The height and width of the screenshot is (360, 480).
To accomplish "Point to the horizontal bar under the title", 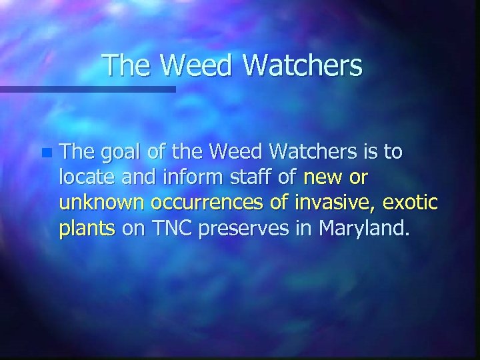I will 87,89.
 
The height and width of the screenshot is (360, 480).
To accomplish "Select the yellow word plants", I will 87,229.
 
